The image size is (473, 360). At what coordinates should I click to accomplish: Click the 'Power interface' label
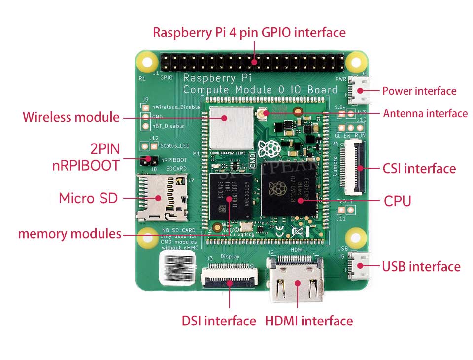(x=419, y=91)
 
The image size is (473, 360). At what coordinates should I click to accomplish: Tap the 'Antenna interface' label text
(x=425, y=114)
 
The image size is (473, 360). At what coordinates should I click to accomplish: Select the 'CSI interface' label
(x=419, y=169)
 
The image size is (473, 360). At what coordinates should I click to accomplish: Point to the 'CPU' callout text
(x=397, y=201)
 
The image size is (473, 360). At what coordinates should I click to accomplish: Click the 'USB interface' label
(x=421, y=267)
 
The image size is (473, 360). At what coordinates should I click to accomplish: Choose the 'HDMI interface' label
(x=309, y=321)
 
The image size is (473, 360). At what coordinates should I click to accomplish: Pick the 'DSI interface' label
(x=219, y=321)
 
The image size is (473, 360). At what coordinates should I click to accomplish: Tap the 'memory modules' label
(x=69, y=233)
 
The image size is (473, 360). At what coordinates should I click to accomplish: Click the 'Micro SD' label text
(x=88, y=198)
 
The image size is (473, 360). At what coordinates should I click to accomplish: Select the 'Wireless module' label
(x=71, y=117)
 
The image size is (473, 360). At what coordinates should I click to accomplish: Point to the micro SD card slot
(x=160, y=198)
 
